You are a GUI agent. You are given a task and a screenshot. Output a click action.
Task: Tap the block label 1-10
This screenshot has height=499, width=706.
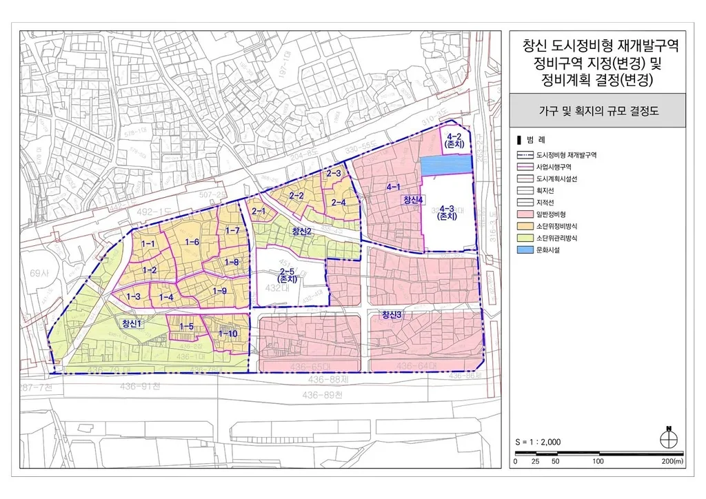228,334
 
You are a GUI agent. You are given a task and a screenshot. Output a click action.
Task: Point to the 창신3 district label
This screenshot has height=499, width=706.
391,315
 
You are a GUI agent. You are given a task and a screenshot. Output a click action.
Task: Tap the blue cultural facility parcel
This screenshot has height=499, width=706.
445,165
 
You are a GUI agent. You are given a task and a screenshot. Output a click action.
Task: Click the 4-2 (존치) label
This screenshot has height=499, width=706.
454,139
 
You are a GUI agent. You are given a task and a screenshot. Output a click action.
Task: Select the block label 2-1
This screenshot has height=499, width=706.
259,211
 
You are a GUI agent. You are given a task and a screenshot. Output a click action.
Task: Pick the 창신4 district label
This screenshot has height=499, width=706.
416,200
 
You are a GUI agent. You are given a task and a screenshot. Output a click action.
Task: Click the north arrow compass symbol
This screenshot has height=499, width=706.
667,435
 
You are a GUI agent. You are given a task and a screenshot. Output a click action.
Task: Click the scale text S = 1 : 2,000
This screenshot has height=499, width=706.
538,441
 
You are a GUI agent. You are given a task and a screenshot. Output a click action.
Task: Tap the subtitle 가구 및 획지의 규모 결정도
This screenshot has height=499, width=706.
597,111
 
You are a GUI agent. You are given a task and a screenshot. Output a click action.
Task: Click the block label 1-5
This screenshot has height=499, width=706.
186,327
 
